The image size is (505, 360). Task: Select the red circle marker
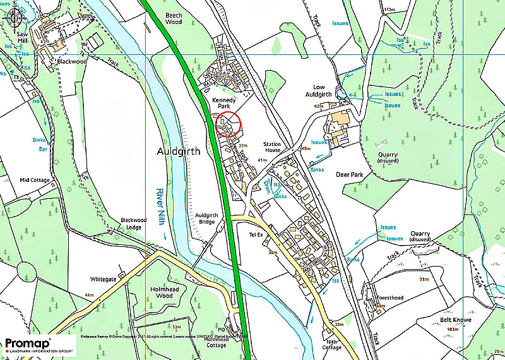tap(229, 124)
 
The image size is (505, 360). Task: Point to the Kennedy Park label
tap(224, 102)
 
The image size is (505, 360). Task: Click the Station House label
tap(277, 147)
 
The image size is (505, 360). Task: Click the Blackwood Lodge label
tap(134, 224)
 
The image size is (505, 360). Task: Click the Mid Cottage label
tap(34, 180)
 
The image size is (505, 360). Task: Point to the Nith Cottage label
tap(331, 344)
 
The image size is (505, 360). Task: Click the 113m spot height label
tap(389, 9)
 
